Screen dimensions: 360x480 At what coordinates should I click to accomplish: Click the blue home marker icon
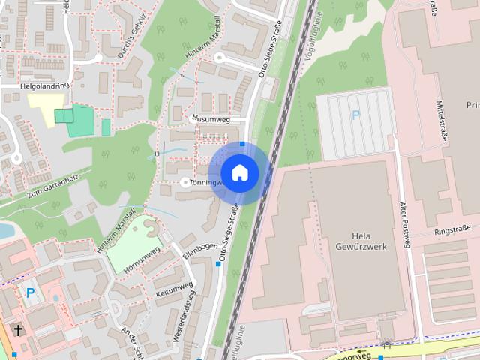coord(239,172)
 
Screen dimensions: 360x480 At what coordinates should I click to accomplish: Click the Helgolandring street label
coord(44,86)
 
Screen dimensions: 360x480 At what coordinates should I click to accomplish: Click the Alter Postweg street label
coord(404,223)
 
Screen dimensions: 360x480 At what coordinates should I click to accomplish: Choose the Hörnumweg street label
coord(142,255)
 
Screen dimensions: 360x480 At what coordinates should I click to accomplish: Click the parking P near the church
coord(30,292)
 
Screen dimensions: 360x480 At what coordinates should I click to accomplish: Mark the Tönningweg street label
coord(207,182)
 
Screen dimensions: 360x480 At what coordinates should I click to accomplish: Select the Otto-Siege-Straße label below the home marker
coord(229,232)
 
